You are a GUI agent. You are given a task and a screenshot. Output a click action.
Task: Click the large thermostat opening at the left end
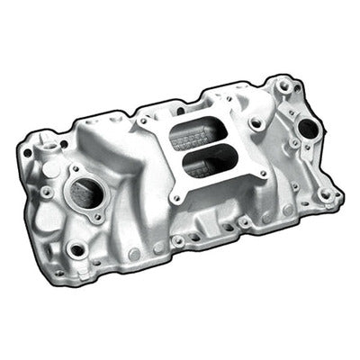(85, 191)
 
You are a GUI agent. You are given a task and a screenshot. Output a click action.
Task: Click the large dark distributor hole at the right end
(308, 130)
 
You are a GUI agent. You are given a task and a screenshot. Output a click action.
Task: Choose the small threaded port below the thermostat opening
(76, 249)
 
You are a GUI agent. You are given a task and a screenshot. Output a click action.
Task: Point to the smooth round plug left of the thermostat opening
(44, 217)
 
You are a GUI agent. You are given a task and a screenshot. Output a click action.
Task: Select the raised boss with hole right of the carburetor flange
(256, 122)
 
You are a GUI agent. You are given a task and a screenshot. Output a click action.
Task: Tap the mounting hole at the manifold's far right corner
(328, 193)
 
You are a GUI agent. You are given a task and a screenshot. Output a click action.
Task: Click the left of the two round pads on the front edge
(134, 255)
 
